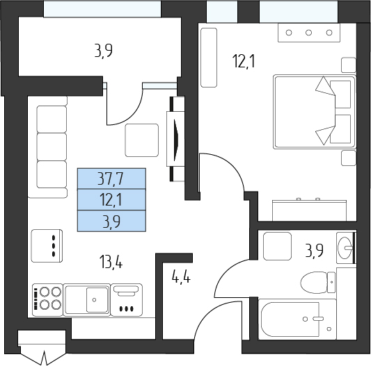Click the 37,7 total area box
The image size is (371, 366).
click(111, 178)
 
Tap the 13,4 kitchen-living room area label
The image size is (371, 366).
click(111, 262)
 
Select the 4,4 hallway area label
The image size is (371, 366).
click(181, 276)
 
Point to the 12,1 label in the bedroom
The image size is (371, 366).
click(244, 61)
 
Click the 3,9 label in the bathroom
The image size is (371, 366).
click(314, 250)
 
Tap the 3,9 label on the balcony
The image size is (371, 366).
click(103, 51)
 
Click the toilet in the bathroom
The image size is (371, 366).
click(318, 282)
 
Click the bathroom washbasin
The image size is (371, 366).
click(345, 248)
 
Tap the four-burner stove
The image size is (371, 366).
click(47, 299)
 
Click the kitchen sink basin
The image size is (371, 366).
click(97, 299)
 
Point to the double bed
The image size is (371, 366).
click(315, 112)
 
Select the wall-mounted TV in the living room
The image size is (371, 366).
click(175, 139)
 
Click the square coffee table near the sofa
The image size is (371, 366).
click(142, 140)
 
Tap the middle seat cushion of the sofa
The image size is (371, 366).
click(52, 147)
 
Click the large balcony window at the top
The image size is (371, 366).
click(102, 9)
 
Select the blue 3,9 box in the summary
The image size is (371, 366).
click(111, 221)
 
